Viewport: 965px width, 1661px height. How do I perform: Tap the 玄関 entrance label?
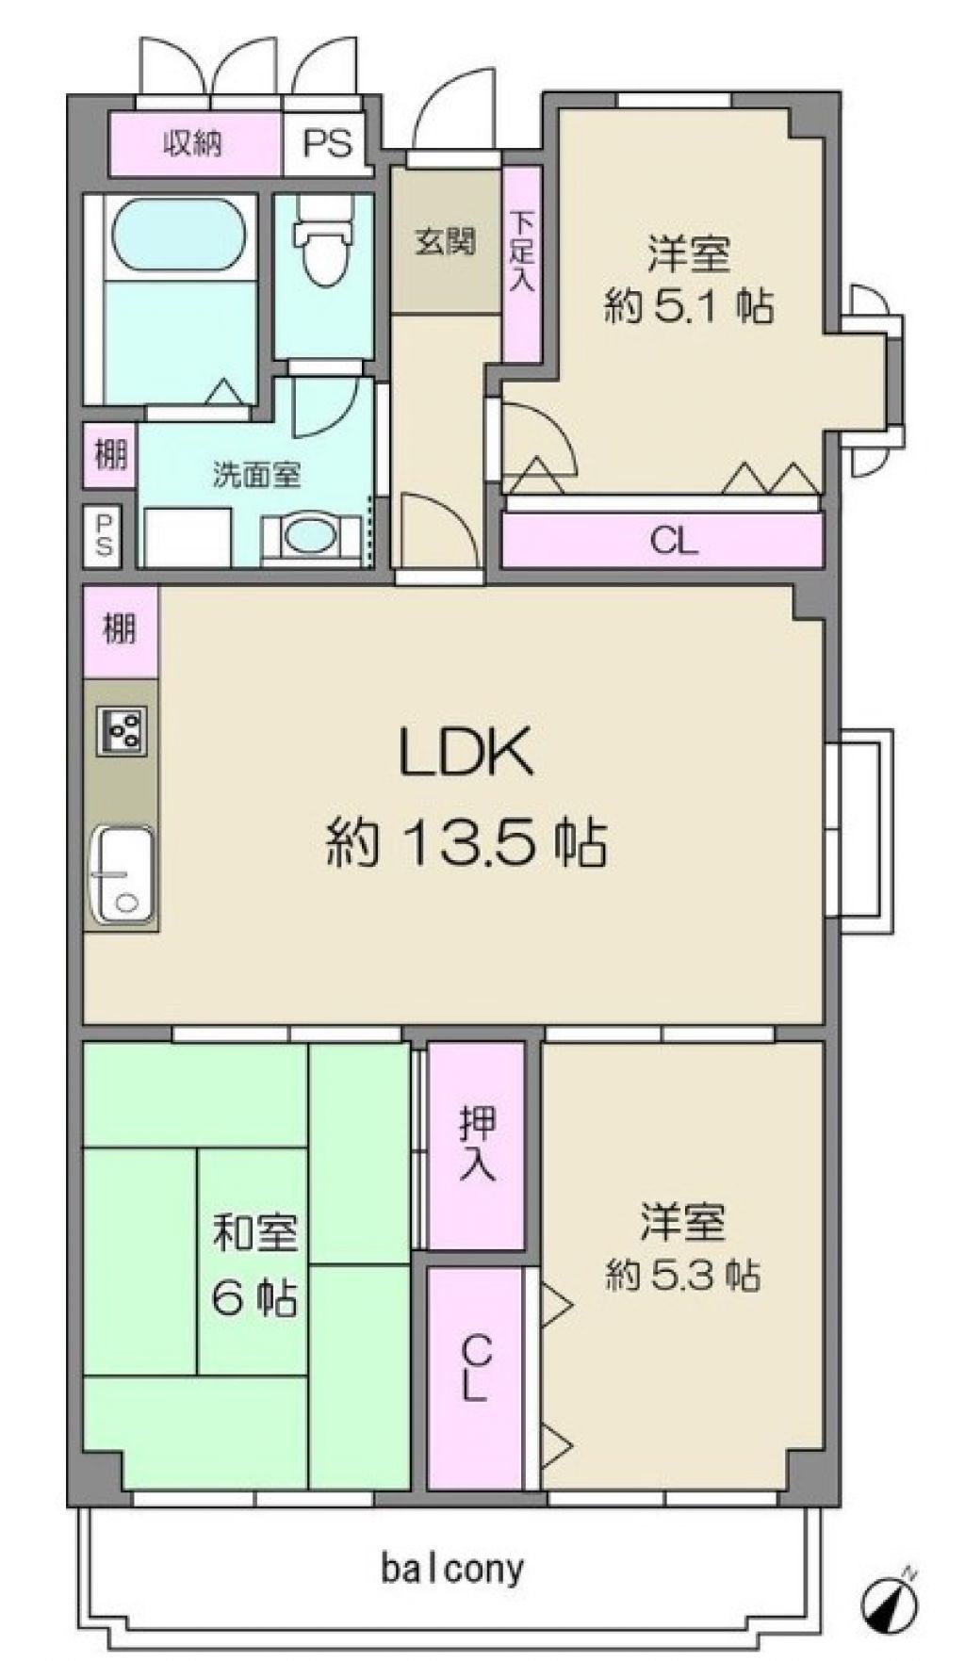[445, 242]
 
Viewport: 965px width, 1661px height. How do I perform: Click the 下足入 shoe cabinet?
[521, 264]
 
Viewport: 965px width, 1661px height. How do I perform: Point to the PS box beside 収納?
[328, 144]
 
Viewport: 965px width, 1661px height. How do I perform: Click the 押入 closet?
[477, 1146]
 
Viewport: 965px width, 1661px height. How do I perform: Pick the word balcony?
[452, 1569]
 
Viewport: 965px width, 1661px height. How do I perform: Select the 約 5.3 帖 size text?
[683, 1276]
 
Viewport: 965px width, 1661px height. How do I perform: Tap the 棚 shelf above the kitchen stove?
[120, 630]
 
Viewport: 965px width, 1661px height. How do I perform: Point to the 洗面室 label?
[256, 476]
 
